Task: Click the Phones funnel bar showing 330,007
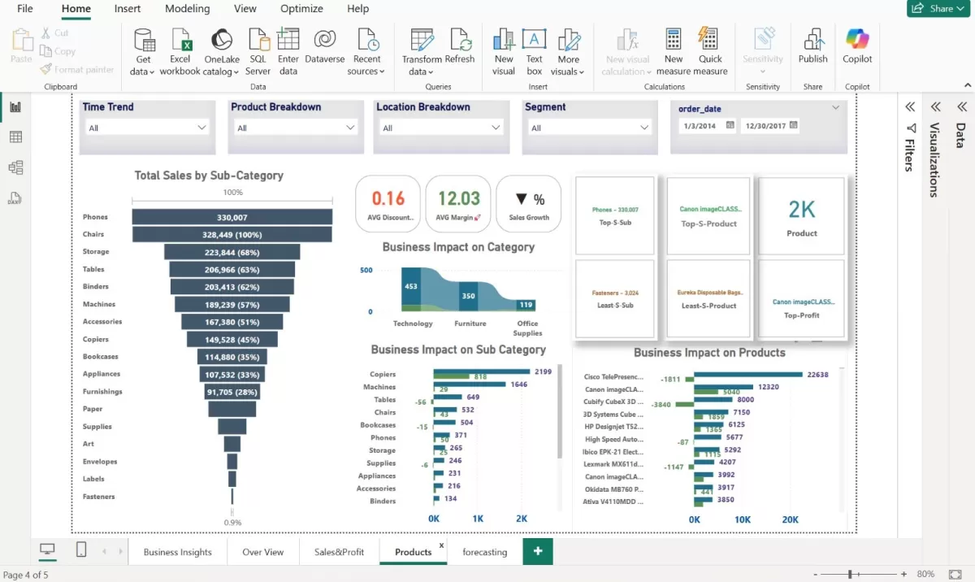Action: point(232,217)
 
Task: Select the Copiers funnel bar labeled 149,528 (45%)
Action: point(232,339)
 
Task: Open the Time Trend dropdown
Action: point(147,128)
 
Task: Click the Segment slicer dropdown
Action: point(588,128)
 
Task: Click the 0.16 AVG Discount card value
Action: point(388,198)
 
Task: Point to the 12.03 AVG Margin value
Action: point(459,198)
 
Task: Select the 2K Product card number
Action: point(802,210)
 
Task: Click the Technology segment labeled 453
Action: point(411,286)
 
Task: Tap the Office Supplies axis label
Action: point(527,328)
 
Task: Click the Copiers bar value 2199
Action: point(543,371)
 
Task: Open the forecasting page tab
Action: point(485,552)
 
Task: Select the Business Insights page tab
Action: point(177,552)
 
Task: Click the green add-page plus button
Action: point(538,551)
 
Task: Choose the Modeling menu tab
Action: point(187,9)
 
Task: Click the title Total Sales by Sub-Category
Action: point(209,176)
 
